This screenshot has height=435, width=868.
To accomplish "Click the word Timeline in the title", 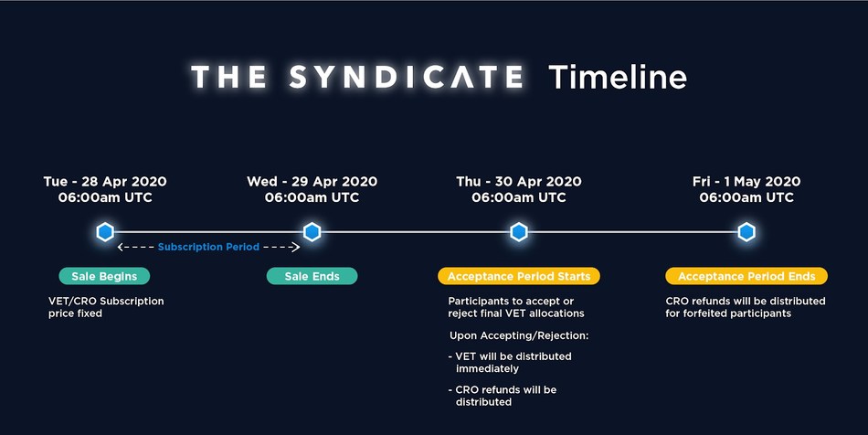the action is pos(618,77).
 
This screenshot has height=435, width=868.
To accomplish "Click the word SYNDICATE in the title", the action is pos(407,77).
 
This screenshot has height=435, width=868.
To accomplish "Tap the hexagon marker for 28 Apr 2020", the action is pos(105,232).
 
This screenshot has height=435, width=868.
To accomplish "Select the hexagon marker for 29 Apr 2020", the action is pos(312,232).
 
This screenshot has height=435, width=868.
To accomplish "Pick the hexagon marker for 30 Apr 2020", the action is pos(519,232).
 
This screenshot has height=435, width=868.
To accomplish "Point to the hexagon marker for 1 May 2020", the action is pos(746,232).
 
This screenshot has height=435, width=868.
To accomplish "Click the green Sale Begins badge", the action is pos(105,276).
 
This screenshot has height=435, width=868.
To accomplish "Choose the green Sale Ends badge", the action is pos(312,276).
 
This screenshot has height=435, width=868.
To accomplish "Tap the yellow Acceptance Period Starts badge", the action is pos(519,276).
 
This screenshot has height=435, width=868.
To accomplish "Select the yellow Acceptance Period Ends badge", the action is pos(746,276).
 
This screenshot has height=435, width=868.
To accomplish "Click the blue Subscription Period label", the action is pos(208,247).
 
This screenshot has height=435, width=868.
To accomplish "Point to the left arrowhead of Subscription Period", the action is pos(120,247).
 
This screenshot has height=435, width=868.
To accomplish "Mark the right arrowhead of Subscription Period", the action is pos(297,247).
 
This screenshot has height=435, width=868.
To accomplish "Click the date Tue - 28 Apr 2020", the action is pos(105,182).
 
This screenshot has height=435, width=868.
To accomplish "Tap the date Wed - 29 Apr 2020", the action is pos(312,182).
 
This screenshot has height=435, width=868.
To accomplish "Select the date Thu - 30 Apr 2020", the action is pos(519,182).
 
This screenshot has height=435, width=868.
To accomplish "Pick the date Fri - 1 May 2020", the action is pos(746,182).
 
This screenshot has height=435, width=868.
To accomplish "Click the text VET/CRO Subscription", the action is pos(106,301).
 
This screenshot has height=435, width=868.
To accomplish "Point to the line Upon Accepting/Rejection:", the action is pos(519,336).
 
